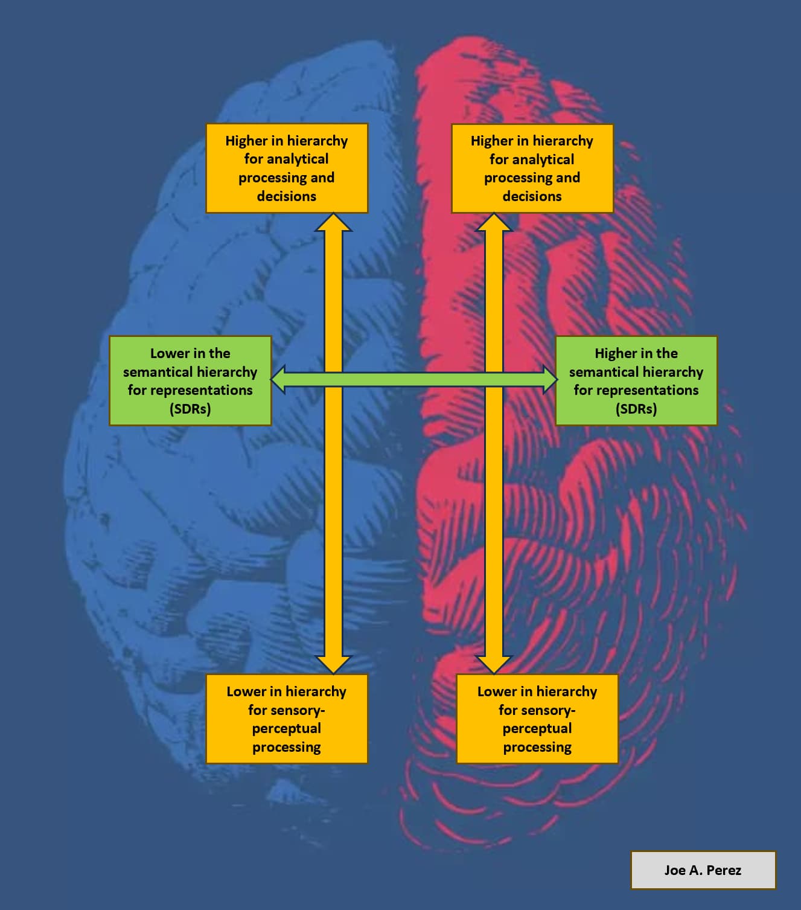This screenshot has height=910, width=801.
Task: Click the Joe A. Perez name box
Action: [x=703, y=870]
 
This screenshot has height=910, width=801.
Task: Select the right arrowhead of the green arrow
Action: [x=549, y=380]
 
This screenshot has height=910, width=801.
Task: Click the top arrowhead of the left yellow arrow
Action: [x=333, y=223]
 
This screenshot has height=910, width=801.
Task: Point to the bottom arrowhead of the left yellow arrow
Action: [x=333, y=664]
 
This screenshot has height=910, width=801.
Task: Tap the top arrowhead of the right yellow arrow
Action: [x=494, y=223]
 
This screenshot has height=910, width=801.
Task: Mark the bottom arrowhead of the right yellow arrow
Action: [x=494, y=664]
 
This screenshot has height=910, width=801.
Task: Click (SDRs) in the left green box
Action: [x=190, y=409]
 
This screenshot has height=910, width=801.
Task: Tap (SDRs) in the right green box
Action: [x=636, y=409]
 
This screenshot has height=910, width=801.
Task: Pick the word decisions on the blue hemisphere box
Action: [x=287, y=196]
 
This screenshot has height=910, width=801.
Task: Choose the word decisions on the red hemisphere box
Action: [x=532, y=196]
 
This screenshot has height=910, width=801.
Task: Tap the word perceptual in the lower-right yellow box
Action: [x=537, y=728]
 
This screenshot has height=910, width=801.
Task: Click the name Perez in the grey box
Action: [x=724, y=870]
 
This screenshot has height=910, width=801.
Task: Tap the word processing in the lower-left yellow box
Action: [x=287, y=747]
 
